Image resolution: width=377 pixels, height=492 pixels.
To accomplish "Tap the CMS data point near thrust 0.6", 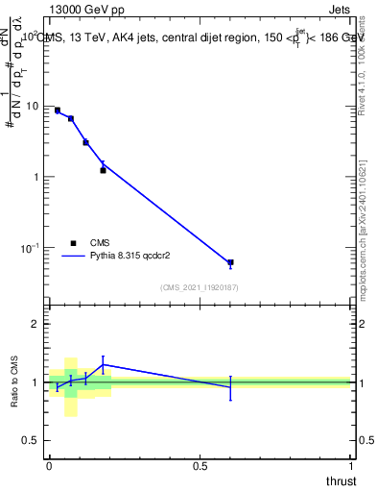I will point(230,262).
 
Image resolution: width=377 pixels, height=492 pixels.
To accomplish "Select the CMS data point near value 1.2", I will point(103,170).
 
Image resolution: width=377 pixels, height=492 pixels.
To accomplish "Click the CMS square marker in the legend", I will point(73,243).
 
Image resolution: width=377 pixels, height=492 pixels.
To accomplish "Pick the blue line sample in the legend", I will point(74,257).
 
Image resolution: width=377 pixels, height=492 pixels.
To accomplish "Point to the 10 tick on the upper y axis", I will point(35,106).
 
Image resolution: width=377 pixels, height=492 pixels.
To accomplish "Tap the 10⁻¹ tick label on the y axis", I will point(32,247).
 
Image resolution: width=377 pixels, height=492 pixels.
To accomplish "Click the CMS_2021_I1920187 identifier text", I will point(200,287).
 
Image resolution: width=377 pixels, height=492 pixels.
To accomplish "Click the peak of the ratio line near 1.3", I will point(103,364).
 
